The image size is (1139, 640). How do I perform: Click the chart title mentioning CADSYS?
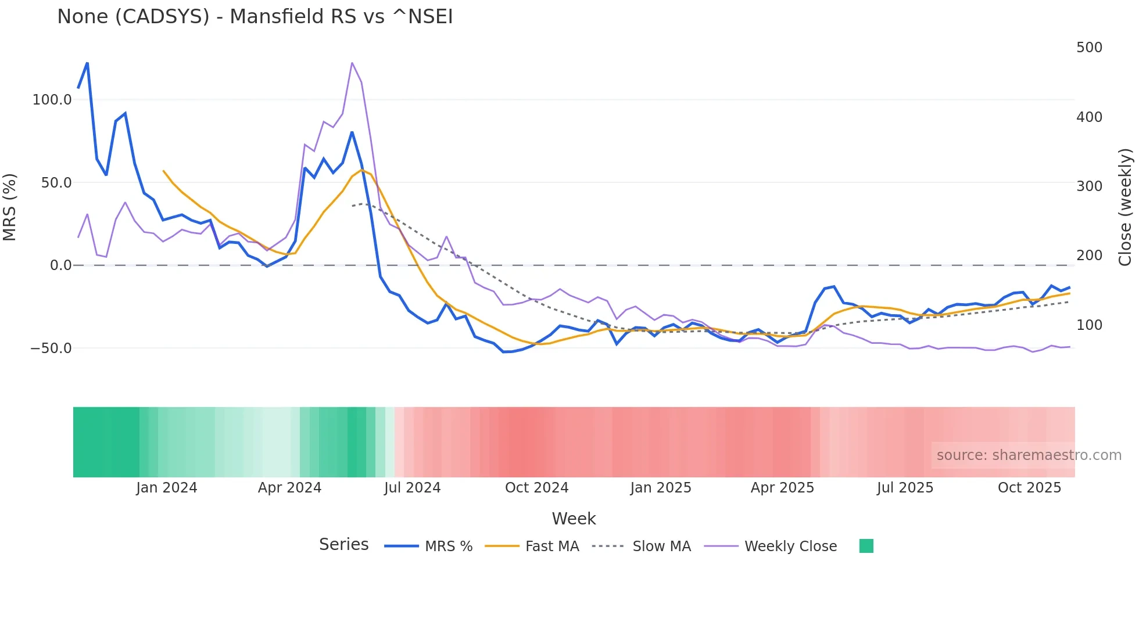coord(255,17)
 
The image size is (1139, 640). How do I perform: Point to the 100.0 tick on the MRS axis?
coord(52,100)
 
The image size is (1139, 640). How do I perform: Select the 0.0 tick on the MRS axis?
coord(60,265)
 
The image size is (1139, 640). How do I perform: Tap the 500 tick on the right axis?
coord(1089,48)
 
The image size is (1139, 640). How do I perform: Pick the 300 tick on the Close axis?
coord(1089,186)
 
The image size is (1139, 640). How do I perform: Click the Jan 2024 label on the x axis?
coord(167,488)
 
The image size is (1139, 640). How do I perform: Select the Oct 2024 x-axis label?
coord(536,488)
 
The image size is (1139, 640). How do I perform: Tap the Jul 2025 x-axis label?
coord(905,488)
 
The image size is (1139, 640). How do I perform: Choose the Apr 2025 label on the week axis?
coord(782,488)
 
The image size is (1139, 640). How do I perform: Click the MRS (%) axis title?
coord(10,207)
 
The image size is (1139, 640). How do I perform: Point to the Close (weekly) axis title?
coord(1126,207)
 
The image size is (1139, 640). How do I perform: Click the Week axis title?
coord(574,519)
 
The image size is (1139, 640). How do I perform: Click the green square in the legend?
coord(866,546)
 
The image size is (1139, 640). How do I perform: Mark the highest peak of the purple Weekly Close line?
coord(352,63)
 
